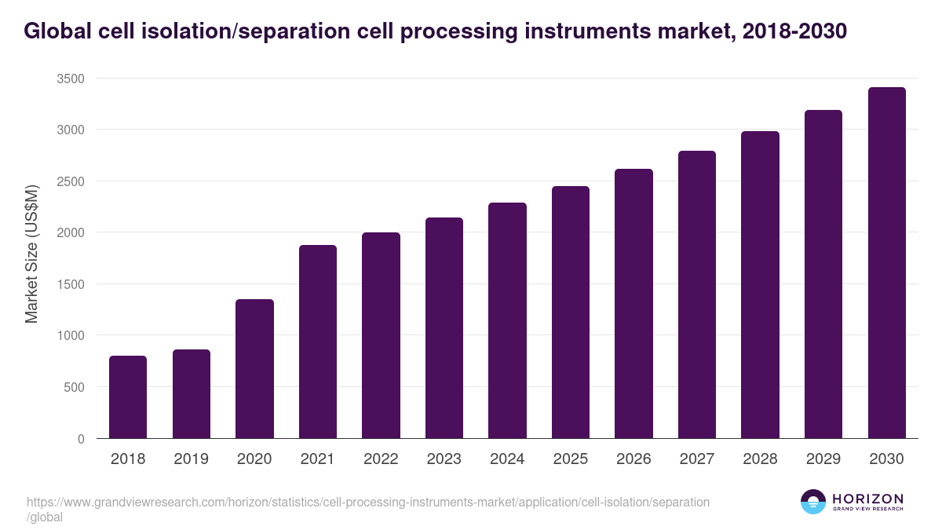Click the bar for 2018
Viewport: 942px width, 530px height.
128,397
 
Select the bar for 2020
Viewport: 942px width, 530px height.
254,369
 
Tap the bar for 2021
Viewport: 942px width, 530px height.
318,342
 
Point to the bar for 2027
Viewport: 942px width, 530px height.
697,294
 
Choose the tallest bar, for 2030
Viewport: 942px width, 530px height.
886,263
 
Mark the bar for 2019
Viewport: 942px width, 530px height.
192,394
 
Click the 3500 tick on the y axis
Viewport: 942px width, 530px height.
71,79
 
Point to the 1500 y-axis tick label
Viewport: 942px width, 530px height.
71,284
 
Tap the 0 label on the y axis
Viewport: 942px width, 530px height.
81,439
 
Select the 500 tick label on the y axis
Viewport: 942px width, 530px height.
74,387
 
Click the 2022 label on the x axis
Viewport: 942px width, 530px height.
381,459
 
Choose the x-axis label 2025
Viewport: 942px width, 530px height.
571,459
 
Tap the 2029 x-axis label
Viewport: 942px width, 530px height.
823,459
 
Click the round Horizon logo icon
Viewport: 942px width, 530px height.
812,503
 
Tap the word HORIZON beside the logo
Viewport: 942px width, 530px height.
867,499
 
